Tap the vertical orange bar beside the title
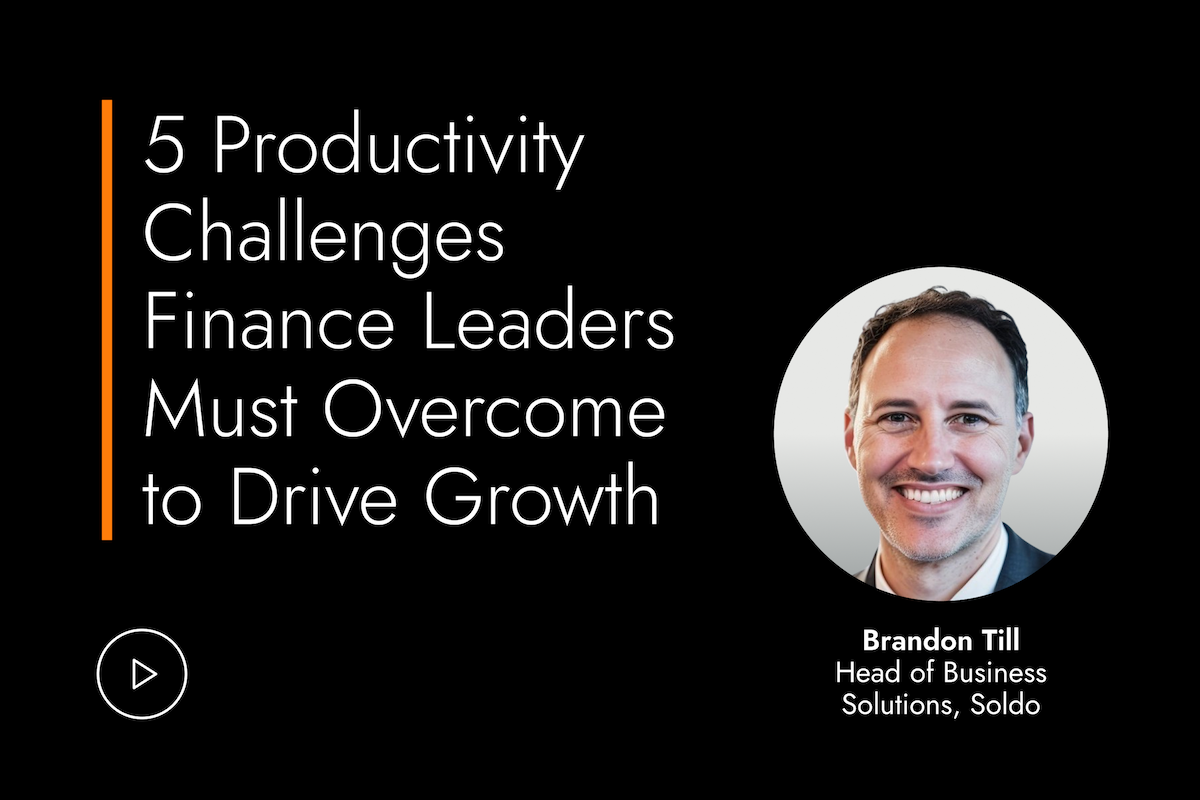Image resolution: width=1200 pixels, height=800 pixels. click(107, 320)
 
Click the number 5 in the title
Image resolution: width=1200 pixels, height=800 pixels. click(164, 145)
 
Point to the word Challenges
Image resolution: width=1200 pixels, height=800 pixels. click(325, 237)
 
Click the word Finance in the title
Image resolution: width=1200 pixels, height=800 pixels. click(269, 319)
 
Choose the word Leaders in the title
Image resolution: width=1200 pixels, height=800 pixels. click(549, 319)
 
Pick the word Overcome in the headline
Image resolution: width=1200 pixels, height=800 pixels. click(494, 408)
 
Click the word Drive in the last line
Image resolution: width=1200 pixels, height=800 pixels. click(314, 496)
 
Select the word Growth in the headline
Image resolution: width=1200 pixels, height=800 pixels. click(542, 496)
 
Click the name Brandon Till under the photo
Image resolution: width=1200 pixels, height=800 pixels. click(941, 641)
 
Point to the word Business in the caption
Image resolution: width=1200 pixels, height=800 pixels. click(994, 673)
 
